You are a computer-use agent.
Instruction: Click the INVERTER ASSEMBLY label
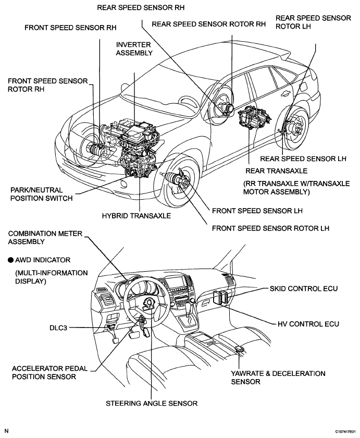(x=134, y=48)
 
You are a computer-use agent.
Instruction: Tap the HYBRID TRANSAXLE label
(x=136, y=216)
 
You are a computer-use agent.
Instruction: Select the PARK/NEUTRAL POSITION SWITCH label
(x=41, y=194)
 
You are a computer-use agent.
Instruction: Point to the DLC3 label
(x=58, y=327)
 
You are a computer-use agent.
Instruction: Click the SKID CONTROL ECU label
(x=304, y=288)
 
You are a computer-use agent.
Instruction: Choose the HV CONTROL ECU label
(x=308, y=324)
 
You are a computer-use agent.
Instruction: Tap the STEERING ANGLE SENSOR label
(x=152, y=404)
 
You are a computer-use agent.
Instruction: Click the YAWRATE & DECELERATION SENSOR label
(x=278, y=378)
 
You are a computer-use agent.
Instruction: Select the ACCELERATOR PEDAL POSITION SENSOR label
(x=49, y=373)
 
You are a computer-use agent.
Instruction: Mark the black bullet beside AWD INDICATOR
(x=10, y=260)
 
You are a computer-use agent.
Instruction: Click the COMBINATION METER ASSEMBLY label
(x=45, y=237)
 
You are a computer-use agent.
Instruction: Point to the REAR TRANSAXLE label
(x=276, y=171)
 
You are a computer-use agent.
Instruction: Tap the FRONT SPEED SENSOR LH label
(x=257, y=211)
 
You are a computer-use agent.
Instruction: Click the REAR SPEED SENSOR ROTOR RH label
(x=208, y=24)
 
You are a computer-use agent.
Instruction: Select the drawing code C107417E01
(x=345, y=432)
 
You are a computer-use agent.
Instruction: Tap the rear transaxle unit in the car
(x=253, y=117)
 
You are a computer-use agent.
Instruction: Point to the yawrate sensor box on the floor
(x=240, y=349)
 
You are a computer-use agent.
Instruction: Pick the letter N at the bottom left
(x=7, y=431)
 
